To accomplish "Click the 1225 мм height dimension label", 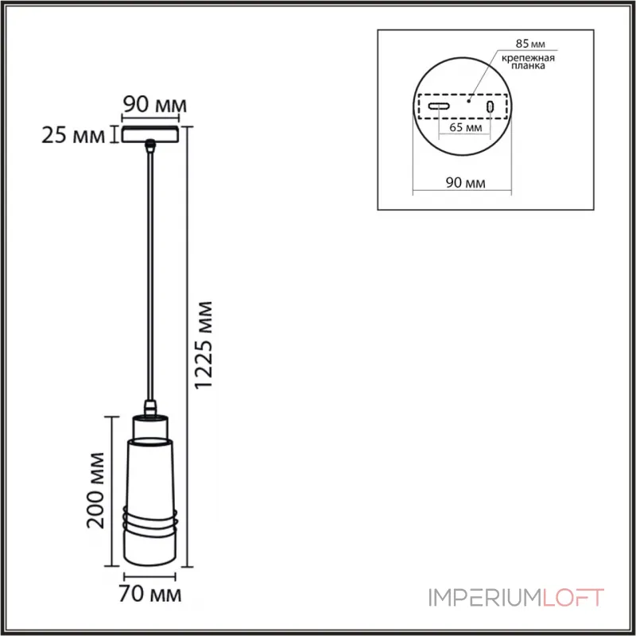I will pos(206,344).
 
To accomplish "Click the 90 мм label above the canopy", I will pos(154,104).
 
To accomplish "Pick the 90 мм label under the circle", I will pos(465,183).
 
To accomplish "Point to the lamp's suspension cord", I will pos(149,270).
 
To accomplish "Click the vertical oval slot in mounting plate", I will pos(491,106).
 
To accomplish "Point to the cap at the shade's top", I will pos(149,413).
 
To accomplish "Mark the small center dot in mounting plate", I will pos(469,101).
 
